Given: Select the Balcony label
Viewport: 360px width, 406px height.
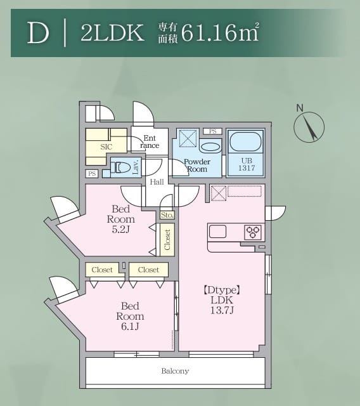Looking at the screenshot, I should pos(175,371).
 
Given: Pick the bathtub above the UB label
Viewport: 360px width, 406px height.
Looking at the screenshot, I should pos(245,141).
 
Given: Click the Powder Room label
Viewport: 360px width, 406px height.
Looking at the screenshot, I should pos(196,166).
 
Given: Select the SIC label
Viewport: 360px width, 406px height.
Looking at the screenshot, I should pos(106,147).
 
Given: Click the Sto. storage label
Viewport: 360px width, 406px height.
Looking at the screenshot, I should pos(167,216).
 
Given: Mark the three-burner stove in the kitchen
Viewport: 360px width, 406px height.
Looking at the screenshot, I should pos(254,232).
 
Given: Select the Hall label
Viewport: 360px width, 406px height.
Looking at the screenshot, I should pos(156,182).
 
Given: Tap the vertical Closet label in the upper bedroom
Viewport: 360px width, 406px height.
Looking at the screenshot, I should pos(167,239).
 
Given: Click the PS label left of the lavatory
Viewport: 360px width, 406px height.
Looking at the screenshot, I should pos(93,173).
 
